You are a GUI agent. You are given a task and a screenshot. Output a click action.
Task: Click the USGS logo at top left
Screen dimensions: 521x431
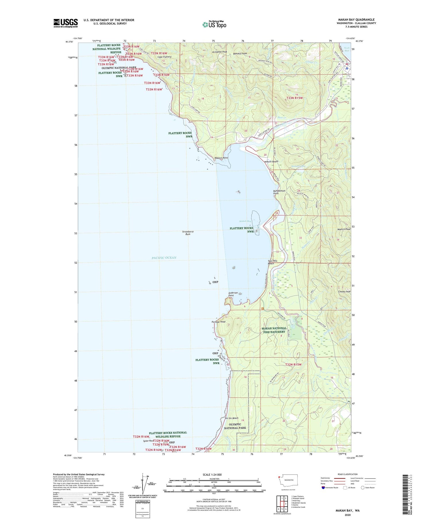click(x=66, y=23)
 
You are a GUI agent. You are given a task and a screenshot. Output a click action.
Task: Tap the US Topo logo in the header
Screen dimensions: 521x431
click(x=214, y=24)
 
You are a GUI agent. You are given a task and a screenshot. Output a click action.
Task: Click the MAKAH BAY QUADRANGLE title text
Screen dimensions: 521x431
click(x=356, y=20)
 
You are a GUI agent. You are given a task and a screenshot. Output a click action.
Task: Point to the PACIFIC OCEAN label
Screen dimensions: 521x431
click(x=164, y=258)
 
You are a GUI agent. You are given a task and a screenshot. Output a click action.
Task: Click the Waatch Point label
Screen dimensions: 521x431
click(x=221, y=158)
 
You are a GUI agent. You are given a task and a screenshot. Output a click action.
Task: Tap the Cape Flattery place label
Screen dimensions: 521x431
click(x=165, y=57)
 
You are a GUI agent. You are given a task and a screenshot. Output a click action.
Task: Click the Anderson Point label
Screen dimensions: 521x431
click(x=233, y=294)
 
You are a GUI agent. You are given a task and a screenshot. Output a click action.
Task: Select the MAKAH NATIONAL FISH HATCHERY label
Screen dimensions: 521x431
click(x=274, y=330)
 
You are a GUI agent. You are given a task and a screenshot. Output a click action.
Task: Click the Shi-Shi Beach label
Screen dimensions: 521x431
click(x=231, y=418)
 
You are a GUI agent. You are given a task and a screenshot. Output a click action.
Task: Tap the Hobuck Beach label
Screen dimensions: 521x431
click(x=271, y=162)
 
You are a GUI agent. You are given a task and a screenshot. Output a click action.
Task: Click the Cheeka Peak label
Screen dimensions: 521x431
click(x=344, y=292)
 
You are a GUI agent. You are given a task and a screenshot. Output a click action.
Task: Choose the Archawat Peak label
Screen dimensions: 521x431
click(x=219, y=52)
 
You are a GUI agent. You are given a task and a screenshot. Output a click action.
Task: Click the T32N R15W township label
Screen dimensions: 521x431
click(x=293, y=364)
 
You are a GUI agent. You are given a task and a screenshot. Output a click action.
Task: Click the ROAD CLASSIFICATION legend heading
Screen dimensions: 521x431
click(x=348, y=474)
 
